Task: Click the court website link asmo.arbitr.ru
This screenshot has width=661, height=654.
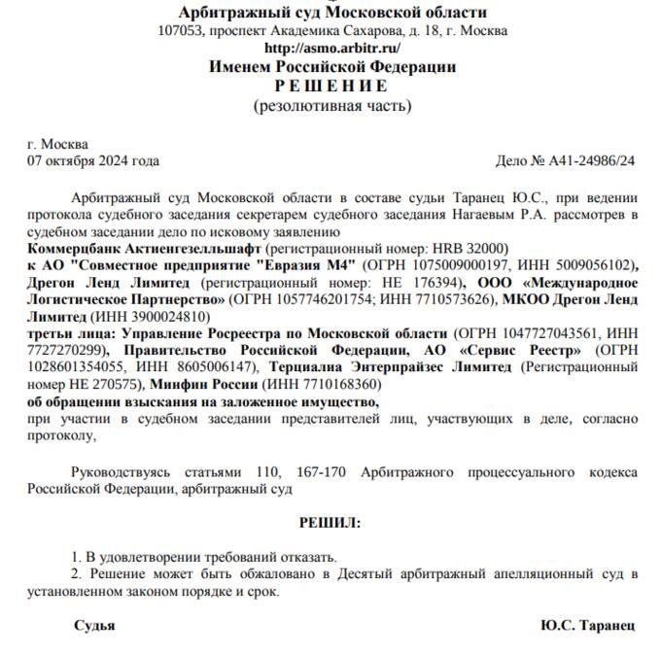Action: (x=332, y=48)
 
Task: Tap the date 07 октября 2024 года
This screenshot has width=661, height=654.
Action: (x=93, y=160)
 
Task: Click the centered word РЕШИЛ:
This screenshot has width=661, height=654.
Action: (x=330, y=523)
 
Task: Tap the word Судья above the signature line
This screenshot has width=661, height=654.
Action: (x=94, y=625)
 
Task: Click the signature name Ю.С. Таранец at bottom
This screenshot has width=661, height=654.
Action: (x=587, y=625)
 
